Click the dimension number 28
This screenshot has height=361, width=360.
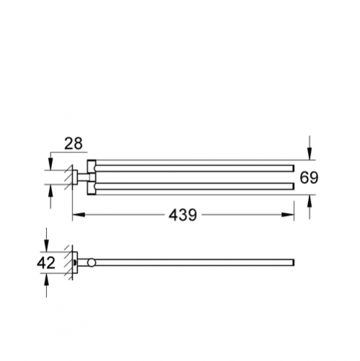pyautogui.click(x=74, y=144)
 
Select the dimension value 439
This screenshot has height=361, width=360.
pyautogui.click(x=183, y=215)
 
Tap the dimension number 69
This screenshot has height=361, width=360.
pyautogui.click(x=309, y=178)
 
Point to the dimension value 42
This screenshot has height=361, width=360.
pyautogui.click(x=46, y=263)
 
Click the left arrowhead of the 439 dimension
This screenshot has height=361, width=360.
pyautogui.click(x=79, y=214)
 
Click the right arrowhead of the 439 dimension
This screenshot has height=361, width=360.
pyautogui.click(x=288, y=214)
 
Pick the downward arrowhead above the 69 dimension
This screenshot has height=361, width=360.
pyautogui.click(x=309, y=154)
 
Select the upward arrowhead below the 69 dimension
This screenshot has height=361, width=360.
pyautogui.click(x=309, y=201)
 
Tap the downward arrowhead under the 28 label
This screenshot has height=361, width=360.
pyautogui.click(x=51, y=164)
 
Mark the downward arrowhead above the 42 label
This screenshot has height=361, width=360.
pyautogui.click(x=46, y=245)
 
